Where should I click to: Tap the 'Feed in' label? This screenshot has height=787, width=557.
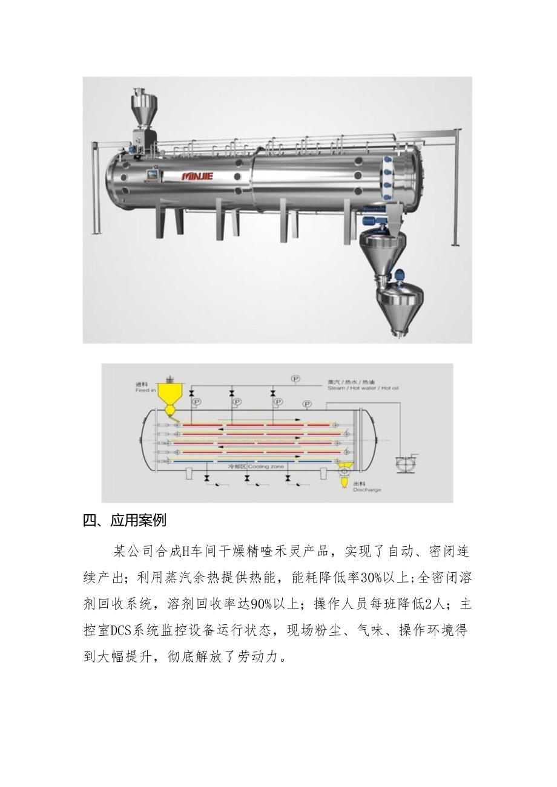pos(146,387)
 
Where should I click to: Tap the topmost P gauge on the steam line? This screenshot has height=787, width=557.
pos(295,379)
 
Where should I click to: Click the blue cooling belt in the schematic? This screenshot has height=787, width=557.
pos(254,462)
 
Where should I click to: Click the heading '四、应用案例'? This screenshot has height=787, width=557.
pos(124,520)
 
